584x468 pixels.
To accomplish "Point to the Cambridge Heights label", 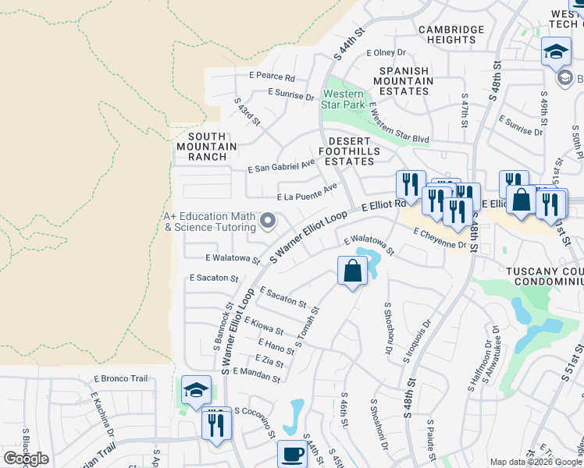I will (450, 35).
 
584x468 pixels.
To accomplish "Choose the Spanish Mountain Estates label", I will (405, 81).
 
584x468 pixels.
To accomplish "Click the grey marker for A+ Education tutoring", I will (268, 222).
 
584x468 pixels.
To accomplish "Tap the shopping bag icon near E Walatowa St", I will (352, 271).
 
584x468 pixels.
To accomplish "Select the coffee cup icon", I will (292, 453).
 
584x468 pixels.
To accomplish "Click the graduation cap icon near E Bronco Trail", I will (196, 390).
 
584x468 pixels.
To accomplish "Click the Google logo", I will (27, 459).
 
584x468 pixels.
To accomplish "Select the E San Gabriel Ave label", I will (281, 167).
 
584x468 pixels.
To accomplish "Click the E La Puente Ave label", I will (307, 193).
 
